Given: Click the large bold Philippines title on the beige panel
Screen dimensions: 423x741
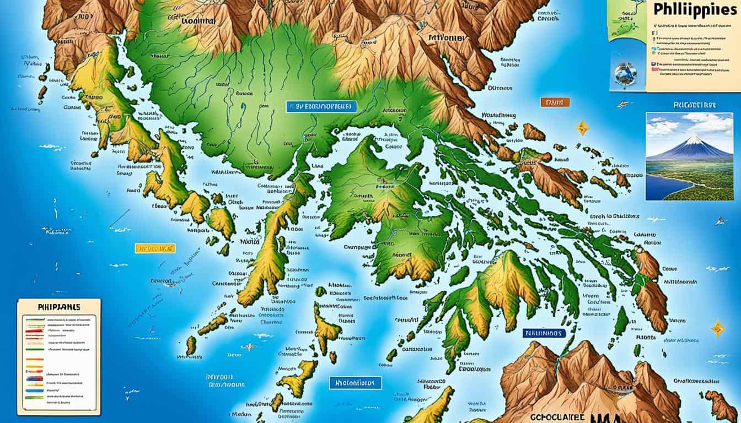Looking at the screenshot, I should [x=693, y=12].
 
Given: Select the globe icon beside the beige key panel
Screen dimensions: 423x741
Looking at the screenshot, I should [x=626, y=74].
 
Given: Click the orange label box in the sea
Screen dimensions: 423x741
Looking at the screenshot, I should [x=555, y=102].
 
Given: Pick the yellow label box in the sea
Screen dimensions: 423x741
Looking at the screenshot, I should [x=154, y=248].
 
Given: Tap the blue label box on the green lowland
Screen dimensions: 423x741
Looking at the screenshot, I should [x=321, y=107].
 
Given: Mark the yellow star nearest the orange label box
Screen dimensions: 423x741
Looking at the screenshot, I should [x=582, y=128].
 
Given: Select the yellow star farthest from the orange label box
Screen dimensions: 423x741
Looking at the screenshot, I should [x=718, y=328].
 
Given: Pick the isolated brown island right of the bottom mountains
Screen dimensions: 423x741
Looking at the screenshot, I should [x=720, y=405].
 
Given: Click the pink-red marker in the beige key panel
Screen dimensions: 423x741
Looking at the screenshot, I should [x=654, y=69].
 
